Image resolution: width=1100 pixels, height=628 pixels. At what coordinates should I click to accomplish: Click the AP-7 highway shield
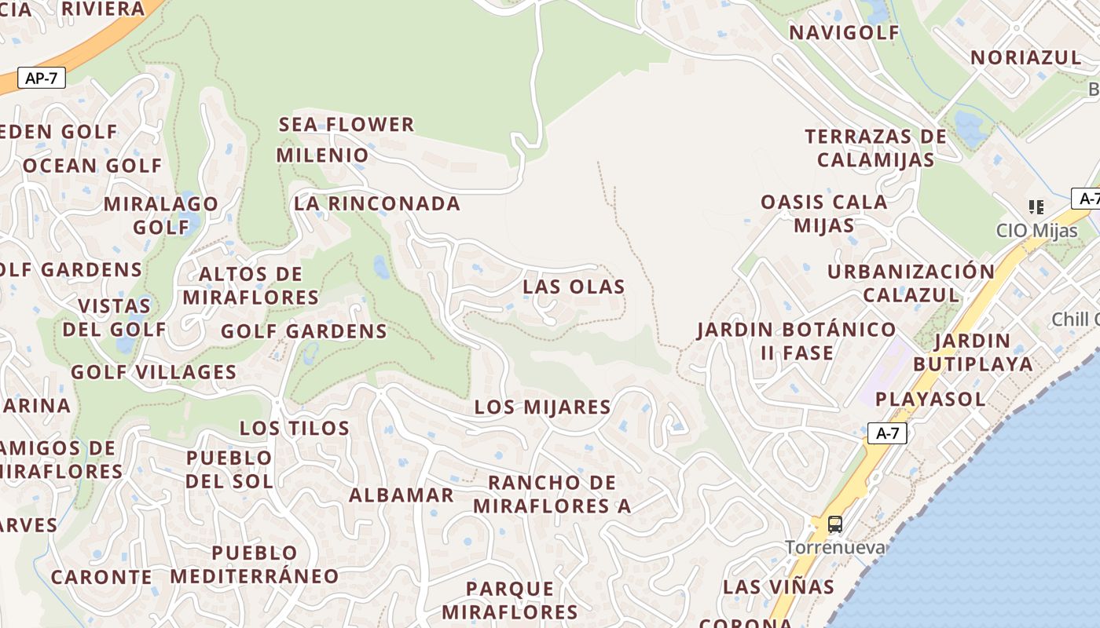(x=41, y=78)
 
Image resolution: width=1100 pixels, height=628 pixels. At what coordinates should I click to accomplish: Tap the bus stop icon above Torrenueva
(x=835, y=524)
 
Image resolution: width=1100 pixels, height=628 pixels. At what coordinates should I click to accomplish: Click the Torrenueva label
(x=835, y=547)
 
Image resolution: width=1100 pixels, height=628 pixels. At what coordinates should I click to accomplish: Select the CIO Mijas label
(x=1036, y=230)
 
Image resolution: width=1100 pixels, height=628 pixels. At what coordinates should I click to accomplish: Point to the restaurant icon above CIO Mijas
(x=1036, y=207)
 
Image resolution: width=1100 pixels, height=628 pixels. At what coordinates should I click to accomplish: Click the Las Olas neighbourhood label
(x=574, y=287)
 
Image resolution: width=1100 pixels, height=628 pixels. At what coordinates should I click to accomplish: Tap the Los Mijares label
(x=542, y=407)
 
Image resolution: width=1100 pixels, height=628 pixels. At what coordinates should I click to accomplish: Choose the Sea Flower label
(x=346, y=124)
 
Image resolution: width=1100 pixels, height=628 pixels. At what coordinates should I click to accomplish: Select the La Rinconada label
(x=377, y=203)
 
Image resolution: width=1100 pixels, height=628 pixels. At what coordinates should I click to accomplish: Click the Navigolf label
(x=844, y=32)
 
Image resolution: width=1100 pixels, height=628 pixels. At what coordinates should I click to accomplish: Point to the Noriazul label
(x=1026, y=57)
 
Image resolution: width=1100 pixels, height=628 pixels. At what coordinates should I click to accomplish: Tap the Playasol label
(x=930, y=399)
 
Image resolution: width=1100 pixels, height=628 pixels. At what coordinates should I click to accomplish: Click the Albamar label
(x=401, y=495)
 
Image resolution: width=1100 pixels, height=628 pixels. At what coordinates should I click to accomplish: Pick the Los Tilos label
(x=295, y=428)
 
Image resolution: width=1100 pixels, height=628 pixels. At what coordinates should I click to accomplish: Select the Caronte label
(x=102, y=577)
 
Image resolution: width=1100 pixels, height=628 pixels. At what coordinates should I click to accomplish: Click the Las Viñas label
(x=779, y=586)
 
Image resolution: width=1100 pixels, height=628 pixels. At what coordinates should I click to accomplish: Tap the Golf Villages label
(x=154, y=372)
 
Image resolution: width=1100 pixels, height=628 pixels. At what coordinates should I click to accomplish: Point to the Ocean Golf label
(x=92, y=166)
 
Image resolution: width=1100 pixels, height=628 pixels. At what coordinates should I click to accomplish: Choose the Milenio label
(x=322, y=155)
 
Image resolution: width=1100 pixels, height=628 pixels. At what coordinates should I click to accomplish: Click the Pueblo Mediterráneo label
(x=255, y=564)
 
